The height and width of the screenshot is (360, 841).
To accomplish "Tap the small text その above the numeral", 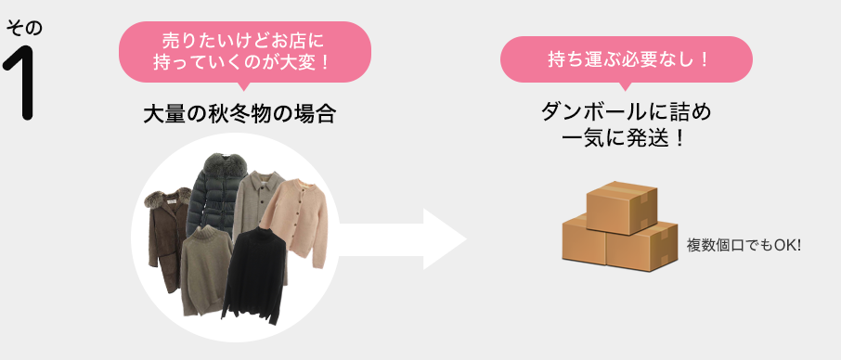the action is (24, 28).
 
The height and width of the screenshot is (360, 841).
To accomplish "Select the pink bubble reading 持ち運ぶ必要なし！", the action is (626, 59).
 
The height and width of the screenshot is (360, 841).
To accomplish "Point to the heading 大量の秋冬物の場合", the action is (239, 115).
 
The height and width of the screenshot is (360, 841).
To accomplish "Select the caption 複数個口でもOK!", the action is (743, 246).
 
